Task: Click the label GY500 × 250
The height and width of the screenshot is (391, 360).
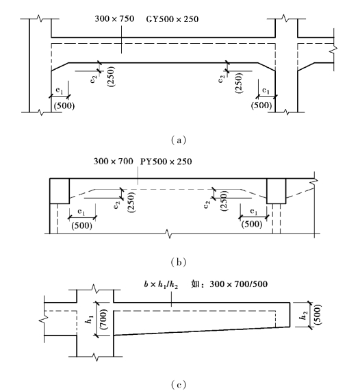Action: [x=172, y=19]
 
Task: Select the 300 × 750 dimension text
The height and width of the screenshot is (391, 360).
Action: [x=114, y=19]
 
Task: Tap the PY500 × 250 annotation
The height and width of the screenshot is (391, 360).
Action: [x=166, y=162]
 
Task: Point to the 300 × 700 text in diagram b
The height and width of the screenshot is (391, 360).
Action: [x=114, y=162]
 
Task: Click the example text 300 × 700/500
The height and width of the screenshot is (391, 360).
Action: [x=239, y=284]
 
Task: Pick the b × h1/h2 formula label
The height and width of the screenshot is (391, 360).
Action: [x=161, y=285]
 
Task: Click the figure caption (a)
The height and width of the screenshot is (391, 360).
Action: [x=179, y=140]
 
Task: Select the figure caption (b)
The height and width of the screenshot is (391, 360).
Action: [x=179, y=262]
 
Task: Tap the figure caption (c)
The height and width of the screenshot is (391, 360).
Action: [x=179, y=385]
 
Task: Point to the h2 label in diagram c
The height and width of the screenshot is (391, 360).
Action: [x=303, y=316]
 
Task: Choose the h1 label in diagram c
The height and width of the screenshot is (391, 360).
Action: [x=90, y=319]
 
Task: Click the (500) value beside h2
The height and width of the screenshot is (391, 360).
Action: [x=318, y=315]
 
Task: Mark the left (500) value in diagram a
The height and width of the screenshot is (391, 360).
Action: [x=64, y=106]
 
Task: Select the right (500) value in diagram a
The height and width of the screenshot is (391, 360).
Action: [x=261, y=105]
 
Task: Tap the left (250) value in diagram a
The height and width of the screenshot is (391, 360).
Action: [x=111, y=77]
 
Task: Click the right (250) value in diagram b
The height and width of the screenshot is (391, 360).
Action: [x=224, y=201]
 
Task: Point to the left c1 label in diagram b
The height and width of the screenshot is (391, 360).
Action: [x=81, y=212]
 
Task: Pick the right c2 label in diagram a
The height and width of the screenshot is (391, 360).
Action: [x=221, y=79]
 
